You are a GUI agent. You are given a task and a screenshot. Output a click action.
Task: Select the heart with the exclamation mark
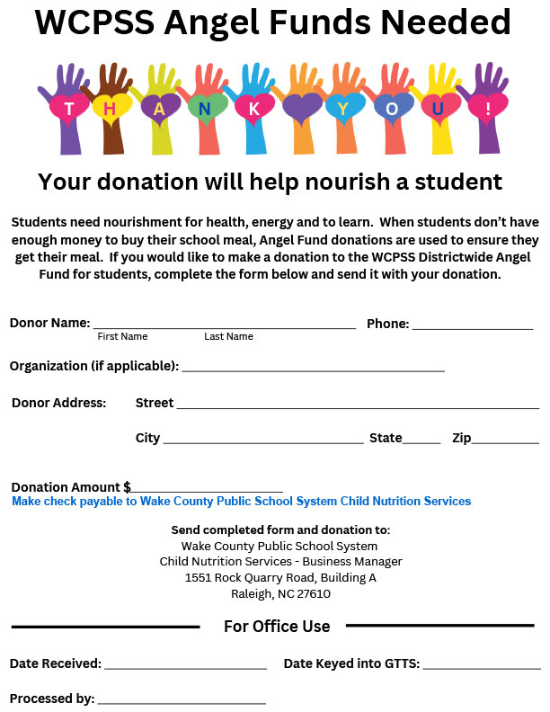coord(487,109)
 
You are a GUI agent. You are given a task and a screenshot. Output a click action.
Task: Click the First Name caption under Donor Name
coord(122,336)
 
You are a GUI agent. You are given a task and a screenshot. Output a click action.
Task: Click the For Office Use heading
coord(277,627)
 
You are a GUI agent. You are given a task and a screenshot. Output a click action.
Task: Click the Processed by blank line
coord(182,700)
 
